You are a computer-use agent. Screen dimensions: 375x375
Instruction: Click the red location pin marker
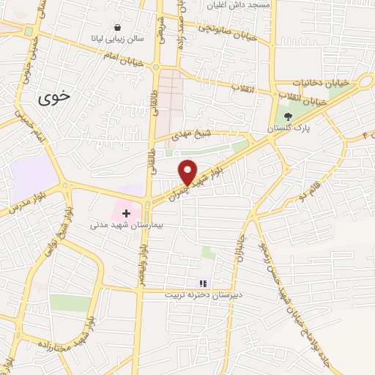(189, 171)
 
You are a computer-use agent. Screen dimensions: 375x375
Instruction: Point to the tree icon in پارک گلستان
(288, 116)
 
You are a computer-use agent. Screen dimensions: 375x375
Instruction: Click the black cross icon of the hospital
(126, 214)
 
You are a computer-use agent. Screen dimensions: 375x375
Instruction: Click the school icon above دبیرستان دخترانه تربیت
(203, 283)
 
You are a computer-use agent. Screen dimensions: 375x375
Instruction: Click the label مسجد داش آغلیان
(239, 5)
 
